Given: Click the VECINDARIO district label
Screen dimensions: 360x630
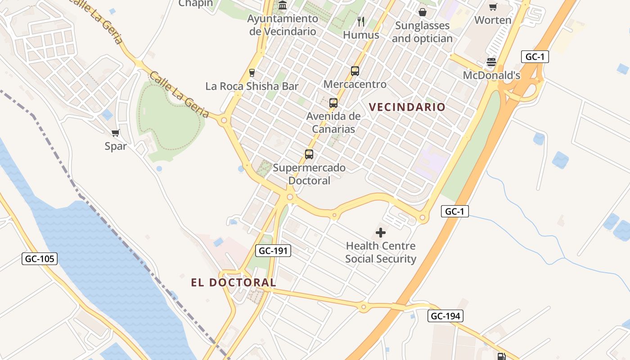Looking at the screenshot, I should pos(407,107).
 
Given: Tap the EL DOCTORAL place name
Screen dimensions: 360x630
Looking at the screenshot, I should pos(233,283).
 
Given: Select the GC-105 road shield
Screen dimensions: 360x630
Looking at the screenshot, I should pos(40,259).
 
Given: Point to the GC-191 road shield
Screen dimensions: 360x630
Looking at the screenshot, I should pos(273,251).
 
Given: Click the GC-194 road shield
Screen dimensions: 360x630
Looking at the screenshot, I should pos(445,316).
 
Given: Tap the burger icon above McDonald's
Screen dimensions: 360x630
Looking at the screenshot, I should pos(491,62).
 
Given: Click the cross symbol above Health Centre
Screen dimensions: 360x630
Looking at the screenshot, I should pos(381,233).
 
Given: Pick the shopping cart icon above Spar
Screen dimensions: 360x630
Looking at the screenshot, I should pos(115,133).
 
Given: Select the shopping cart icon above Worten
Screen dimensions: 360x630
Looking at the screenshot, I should pos(493,7).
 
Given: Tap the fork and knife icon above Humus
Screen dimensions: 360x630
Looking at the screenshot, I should pos(360,21).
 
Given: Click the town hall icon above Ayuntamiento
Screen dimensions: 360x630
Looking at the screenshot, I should pos(283,5).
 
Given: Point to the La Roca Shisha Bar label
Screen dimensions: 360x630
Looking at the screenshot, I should pos(252,86).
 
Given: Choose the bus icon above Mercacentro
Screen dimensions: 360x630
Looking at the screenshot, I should pos(355,71).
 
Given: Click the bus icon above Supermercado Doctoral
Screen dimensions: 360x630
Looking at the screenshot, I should pos(309,154).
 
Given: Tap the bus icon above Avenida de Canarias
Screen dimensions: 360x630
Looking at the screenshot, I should pos(333,103).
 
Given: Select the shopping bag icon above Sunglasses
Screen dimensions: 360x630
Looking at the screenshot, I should pos(422,12).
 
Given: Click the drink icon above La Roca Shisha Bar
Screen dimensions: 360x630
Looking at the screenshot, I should pos(252,72).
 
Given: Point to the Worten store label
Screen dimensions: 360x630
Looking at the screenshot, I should pos(493,20).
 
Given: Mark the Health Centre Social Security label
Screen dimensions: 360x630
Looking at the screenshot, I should pos(381,252).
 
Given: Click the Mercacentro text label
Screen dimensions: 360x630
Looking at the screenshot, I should pos(355,84).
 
